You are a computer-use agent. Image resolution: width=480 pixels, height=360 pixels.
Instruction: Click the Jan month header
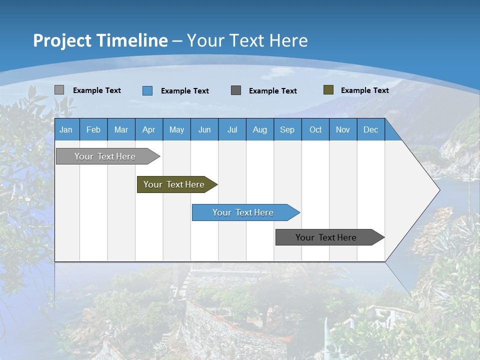coord(66,129)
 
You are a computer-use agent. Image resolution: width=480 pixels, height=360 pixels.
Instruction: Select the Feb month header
coord(93,129)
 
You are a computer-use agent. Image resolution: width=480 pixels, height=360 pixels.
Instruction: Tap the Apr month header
coord(148,129)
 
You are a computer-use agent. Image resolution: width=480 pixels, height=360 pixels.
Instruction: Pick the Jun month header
coord(204,129)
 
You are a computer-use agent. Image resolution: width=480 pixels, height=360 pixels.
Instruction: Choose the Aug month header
coord(259,129)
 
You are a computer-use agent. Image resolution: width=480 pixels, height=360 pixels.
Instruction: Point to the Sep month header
coord(287,129)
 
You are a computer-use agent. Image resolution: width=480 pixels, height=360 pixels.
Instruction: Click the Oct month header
coord(315,129)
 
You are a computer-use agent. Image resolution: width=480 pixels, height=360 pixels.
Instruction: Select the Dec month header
coord(370,129)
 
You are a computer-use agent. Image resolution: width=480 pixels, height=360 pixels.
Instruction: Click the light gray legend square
coord(59,90)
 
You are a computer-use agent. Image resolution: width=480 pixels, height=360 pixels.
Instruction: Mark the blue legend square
coord(147,90)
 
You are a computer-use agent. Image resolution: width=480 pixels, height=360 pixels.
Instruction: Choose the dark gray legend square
coord(236,90)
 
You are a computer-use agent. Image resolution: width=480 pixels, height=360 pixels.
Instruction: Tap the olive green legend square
coord(328,90)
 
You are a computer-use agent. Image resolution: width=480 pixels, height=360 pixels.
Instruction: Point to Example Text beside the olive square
coord(364,90)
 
